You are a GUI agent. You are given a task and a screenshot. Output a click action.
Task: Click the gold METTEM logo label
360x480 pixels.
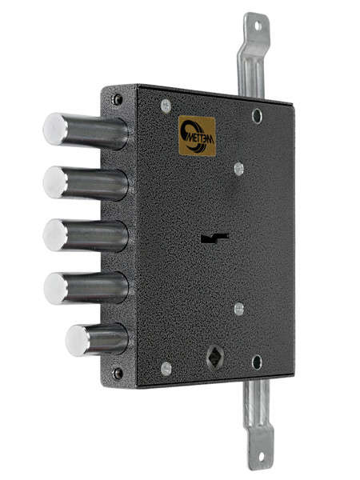pyautogui.click(x=197, y=136)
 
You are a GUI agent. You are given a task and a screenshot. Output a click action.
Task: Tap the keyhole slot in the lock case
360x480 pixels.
pyautogui.click(x=214, y=238)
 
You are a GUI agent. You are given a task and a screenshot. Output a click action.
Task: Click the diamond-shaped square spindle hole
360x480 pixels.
pyautogui.click(x=215, y=358)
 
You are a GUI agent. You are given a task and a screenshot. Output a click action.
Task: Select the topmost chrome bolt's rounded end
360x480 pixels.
pyautogui.click(x=55, y=129)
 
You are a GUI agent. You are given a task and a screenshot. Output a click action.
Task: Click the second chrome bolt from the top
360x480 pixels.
pyautogui.click(x=86, y=183)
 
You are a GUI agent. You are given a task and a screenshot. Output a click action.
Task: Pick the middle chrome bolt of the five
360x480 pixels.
pyautogui.click(x=86, y=235)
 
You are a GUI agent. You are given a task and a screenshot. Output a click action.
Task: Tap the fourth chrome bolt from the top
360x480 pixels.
pyautogui.click(x=86, y=288)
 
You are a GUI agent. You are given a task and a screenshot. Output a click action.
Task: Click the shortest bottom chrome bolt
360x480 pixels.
pyautogui.click(x=97, y=340)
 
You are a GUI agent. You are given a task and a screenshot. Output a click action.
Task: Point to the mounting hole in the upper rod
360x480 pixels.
pyautogui.click(x=258, y=26)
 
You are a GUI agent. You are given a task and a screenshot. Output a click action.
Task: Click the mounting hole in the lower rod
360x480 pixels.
pyautogui.click(x=261, y=457)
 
